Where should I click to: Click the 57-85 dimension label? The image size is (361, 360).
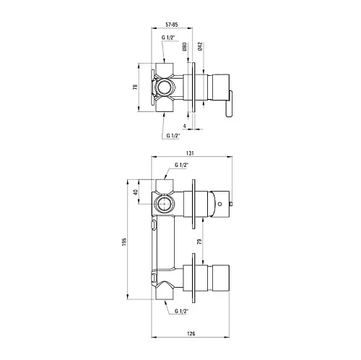[x=172, y=25]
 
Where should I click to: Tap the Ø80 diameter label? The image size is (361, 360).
[x=185, y=47]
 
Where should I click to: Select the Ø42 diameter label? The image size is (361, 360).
[x=200, y=46]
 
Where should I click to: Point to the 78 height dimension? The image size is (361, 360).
[x=135, y=87]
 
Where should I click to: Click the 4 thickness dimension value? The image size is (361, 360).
[x=185, y=126]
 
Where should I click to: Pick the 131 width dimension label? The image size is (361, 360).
[x=190, y=153]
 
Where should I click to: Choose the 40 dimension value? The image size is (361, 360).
[x=136, y=192]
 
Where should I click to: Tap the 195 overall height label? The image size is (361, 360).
[x=124, y=242]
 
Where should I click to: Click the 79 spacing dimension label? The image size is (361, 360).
[x=199, y=241]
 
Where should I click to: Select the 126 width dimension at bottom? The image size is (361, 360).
[x=191, y=333]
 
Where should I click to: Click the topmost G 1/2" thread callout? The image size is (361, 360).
[x=168, y=38]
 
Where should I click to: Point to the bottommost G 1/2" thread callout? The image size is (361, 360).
[x=181, y=311]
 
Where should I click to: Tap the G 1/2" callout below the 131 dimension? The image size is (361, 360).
[x=181, y=165]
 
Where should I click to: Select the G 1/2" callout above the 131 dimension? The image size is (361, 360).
[x=173, y=136]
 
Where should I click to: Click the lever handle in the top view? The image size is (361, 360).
[x=229, y=104]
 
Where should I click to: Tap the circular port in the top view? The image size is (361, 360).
[x=164, y=87]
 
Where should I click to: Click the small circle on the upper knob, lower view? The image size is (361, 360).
[x=219, y=204]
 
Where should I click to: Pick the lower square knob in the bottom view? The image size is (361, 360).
[x=221, y=278]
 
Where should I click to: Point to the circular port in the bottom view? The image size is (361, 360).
[x=163, y=204]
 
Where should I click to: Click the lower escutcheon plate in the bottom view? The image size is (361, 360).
[x=193, y=278]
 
